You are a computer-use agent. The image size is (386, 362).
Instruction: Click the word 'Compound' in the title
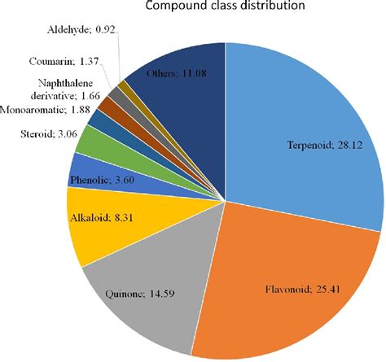tap(171, 7)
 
